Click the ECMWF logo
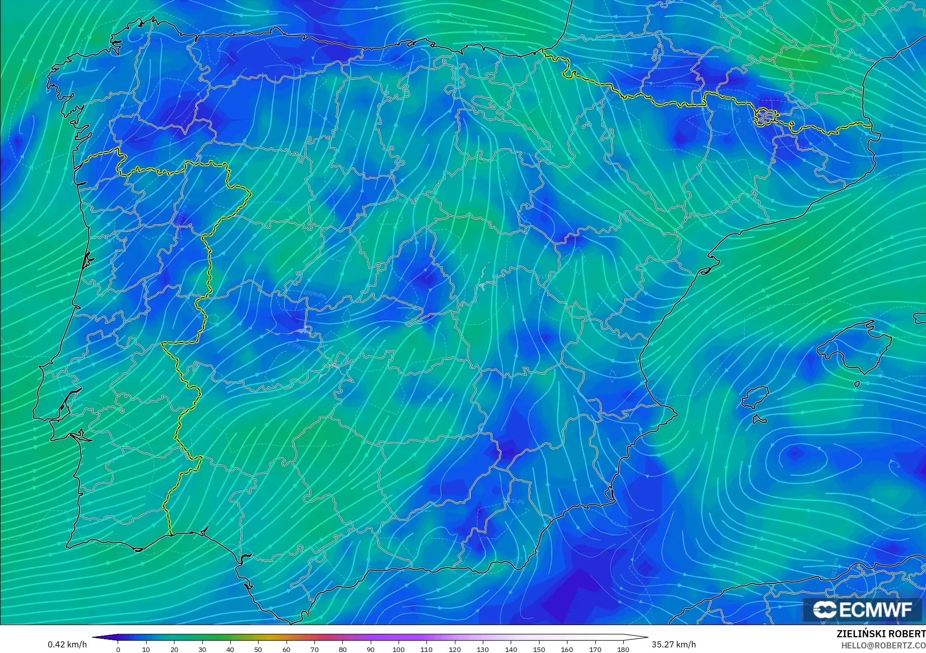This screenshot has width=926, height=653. pyautogui.click(x=862, y=609)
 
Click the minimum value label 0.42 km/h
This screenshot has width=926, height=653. pyautogui.click(x=67, y=644)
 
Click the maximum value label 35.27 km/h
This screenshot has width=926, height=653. pyautogui.click(x=673, y=644)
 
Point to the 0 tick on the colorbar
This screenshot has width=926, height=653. pyautogui.click(x=118, y=649)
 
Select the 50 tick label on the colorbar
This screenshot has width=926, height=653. pyautogui.click(x=258, y=649)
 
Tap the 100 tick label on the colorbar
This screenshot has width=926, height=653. pyautogui.click(x=399, y=649)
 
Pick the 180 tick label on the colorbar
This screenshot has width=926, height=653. pyautogui.click(x=623, y=649)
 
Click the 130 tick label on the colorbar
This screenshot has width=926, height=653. pyautogui.click(x=483, y=649)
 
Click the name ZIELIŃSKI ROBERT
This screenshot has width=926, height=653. pyautogui.click(x=880, y=634)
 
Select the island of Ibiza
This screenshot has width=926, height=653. pyautogui.click(x=755, y=397)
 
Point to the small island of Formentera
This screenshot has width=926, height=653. pyautogui.click(x=759, y=420)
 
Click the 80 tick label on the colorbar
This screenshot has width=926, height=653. pyautogui.click(x=342, y=649)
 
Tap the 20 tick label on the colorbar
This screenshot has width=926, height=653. pyautogui.click(x=174, y=649)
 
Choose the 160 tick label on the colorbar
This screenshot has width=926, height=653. pyautogui.click(x=567, y=649)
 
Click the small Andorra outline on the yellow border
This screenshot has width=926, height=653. pyautogui.click(x=765, y=116)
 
